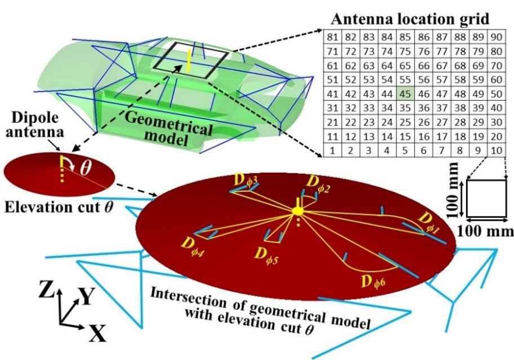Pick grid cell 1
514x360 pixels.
pyautogui.click(x=332, y=150)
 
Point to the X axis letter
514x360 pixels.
pyautogui.click(x=97, y=336)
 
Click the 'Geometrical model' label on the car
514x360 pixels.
pyautogui.click(x=169, y=127)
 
